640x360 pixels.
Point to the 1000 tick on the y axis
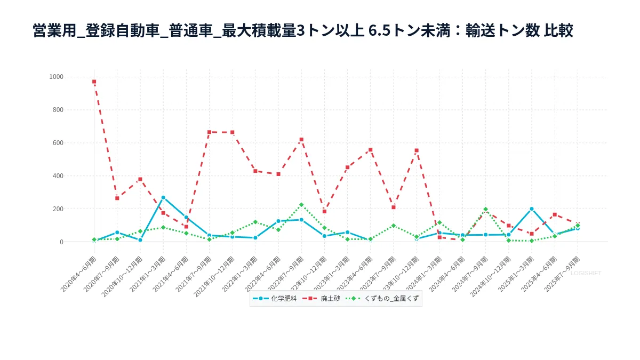(x=56, y=77)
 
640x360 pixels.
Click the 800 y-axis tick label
(x=57, y=110)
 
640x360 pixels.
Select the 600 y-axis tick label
(x=57, y=143)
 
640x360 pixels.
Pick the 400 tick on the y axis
(x=57, y=176)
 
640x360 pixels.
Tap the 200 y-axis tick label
(x=57, y=209)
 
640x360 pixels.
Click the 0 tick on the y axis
(x=61, y=242)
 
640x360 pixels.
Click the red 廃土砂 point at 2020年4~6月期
(x=94, y=82)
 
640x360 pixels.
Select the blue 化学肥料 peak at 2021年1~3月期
(x=163, y=197)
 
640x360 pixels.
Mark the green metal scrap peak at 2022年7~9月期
(x=301, y=205)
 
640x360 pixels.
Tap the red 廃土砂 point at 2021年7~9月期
(x=209, y=132)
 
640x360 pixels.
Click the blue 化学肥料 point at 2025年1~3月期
(x=532, y=209)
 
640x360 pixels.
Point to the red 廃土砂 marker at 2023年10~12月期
(x=417, y=150)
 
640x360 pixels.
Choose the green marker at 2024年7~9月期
(x=485, y=210)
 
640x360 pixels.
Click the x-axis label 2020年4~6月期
(x=79, y=274)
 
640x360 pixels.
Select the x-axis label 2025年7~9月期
(x=563, y=274)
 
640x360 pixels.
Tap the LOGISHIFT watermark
(x=586, y=273)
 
